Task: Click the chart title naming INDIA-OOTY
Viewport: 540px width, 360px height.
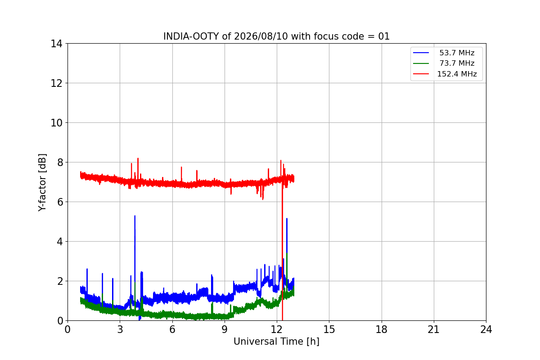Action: click(x=276, y=36)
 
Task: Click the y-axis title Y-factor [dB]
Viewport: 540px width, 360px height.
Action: click(x=42, y=183)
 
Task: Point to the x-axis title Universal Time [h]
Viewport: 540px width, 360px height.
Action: click(x=276, y=342)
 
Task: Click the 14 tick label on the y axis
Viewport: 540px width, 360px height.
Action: click(x=56, y=44)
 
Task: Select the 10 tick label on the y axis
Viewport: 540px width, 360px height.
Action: click(x=56, y=123)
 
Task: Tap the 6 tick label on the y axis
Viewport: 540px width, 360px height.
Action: click(x=60, y=202)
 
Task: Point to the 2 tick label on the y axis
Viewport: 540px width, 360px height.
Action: click(x=60, y=281)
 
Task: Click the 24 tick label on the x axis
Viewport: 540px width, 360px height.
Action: click(x=486, y=329)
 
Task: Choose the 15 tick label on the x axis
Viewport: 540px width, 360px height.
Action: click(x=329, y=329)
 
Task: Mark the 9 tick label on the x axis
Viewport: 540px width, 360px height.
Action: click(x=225, y=329)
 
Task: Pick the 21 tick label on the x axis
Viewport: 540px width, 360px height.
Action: click(x=434, y=329)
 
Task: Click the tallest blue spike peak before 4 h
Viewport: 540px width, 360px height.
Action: click(x=135, y=216)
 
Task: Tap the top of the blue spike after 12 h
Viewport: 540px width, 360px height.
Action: click(x=287, y=219)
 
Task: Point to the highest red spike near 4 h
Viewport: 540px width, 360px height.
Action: click(x=138, y=158)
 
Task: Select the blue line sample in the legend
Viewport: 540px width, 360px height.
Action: click(x=421, y=53)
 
